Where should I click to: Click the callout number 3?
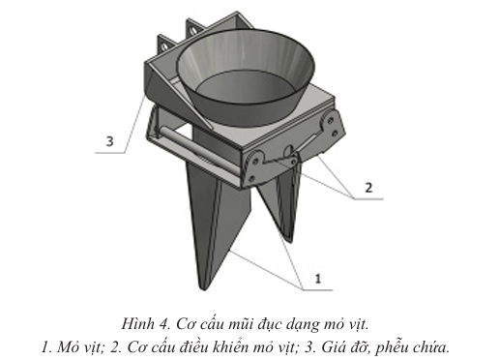click(x=110, y=141)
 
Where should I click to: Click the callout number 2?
click(x=368, y=188)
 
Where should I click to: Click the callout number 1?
click(x=318, y=279)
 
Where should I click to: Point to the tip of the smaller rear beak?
click(x=289, y=237)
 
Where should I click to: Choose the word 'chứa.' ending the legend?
click(x=430, y=347)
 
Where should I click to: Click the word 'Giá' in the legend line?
click(x=333, y=347)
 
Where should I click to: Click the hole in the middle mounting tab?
click(x=193, y=30)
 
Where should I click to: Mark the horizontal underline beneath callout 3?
click(x=109, y=153)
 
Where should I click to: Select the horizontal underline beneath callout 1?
click(x=318, y=290)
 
